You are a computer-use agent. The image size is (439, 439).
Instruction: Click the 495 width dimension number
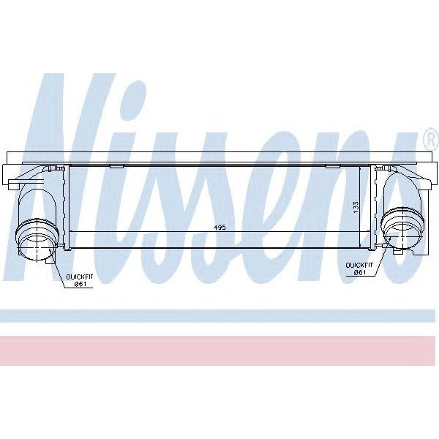(219, 228)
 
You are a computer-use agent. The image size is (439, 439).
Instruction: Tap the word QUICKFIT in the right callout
(360, 265)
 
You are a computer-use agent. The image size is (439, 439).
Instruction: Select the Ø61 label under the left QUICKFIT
(80, 285)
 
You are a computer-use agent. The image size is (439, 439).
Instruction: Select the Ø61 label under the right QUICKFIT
(359, 273)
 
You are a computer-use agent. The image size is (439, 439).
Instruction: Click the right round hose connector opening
(403, 227)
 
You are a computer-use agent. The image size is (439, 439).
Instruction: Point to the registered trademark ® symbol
(429, 138)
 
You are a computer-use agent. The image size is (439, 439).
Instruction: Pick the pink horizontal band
(219, 350)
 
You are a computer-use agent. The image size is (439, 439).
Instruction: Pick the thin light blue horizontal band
(219, 315)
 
